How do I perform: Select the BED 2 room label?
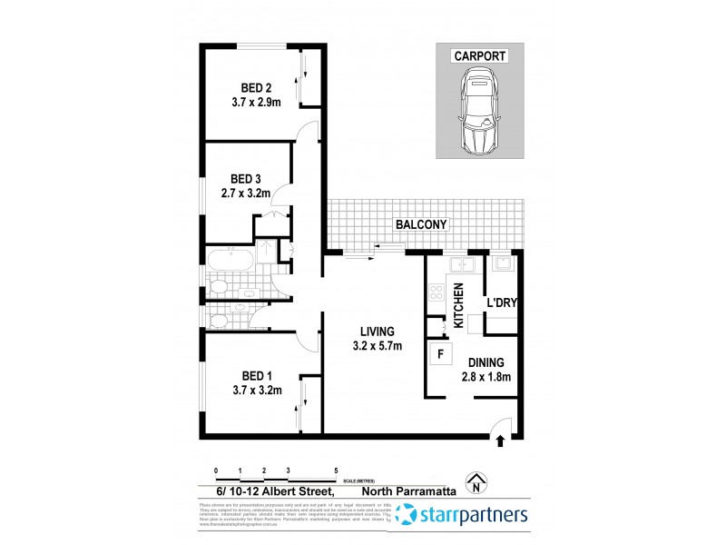[256, 88]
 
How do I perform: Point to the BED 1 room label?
[257, 375]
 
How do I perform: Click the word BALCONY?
[421, 223]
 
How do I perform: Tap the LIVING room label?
[376, 332]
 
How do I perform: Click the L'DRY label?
[501, 302]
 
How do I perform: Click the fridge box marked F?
[441, 354]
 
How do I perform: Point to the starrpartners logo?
[462, 516]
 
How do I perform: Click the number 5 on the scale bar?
[337, 471]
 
